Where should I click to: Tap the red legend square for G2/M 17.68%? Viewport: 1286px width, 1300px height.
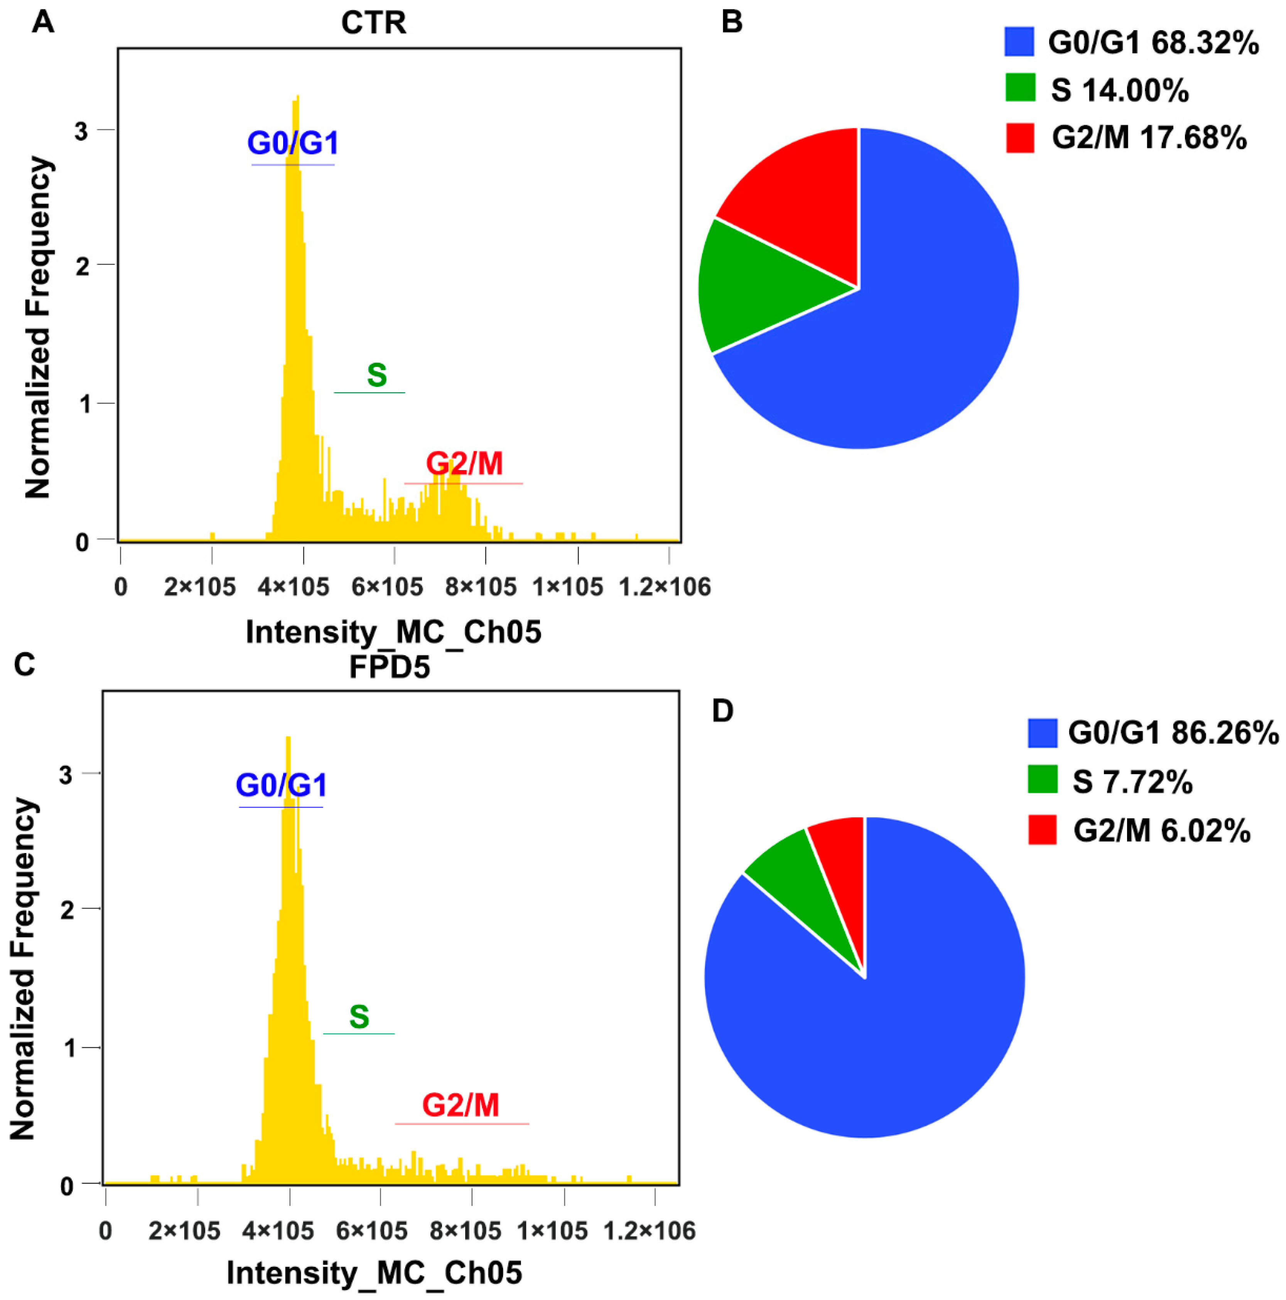(x=1019, y=138)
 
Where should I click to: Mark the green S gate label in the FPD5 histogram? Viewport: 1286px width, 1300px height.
(x=359, y=1017)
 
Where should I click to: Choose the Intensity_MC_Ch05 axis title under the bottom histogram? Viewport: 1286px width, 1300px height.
(x=374, y=1272)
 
